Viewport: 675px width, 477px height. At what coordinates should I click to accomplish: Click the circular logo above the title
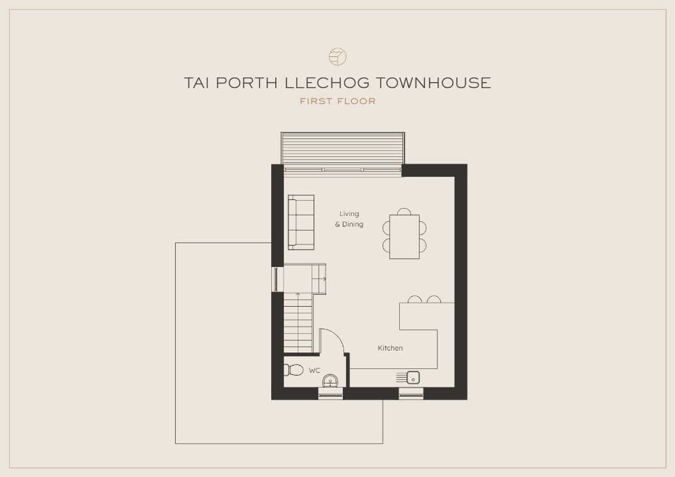[x=337, y=56]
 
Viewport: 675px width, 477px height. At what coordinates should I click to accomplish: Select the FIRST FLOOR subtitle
[x=338, y=101]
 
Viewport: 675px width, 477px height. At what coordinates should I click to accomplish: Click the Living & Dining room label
[x=349, y=219]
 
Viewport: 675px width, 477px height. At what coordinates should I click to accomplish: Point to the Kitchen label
[x=391, y=348]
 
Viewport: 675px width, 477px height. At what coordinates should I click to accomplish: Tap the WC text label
[x=314, y=370]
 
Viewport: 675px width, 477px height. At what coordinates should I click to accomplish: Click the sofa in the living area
[x=301, y=222]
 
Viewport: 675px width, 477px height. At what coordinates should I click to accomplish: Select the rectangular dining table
[x=404, y=237]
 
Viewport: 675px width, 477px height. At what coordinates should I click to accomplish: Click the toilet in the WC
[x=294, y=370]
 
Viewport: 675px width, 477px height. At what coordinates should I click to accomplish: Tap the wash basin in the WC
[x=331, y=381]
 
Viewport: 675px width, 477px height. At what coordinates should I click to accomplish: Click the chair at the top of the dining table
[x=404, y=211]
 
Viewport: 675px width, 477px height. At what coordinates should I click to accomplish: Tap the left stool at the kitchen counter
[x=414, y=299]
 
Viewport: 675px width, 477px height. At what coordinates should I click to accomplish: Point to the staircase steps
[x=298, y=323]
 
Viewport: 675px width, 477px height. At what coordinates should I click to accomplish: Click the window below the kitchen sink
[x=411, y=394]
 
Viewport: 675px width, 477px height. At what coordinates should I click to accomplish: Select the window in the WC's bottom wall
[x=330, y=394]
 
